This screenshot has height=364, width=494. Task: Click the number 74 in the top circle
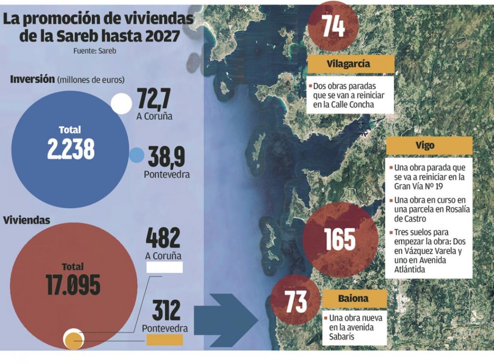pos(333,26)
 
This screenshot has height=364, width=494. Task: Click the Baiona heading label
pos(354,299)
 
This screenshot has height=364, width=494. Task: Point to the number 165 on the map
pos(340,239)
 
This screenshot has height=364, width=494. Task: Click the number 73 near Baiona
pos(296,301)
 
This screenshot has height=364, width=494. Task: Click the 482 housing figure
pos(163,238)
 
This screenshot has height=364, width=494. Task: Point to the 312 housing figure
pos(166,311)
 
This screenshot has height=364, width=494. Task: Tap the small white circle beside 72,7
pos(121,103)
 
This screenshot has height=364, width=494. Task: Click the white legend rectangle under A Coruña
pos(165,268)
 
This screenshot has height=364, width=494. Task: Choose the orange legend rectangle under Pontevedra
pos(165,340)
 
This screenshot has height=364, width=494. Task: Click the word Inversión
pos(32,79)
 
